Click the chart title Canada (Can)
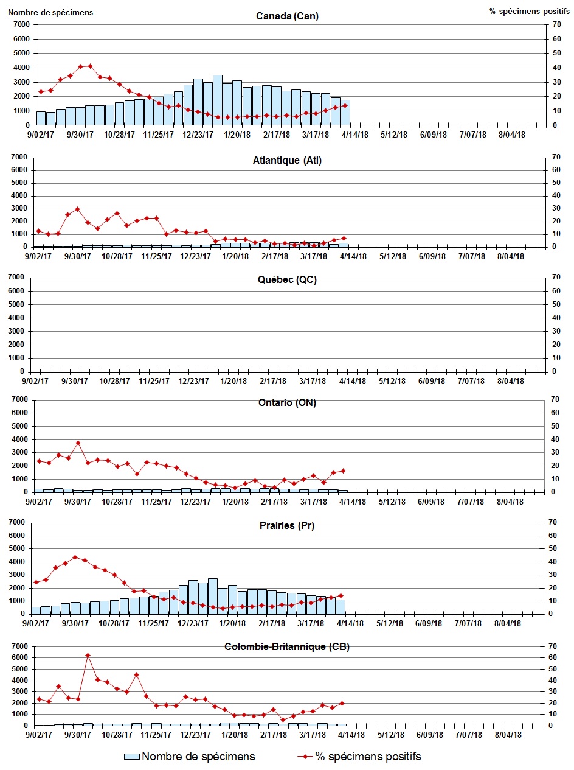pyautogui.click(x=287, y=16)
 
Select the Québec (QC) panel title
pyautogui.click(x=287, y=280)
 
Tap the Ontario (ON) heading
pyautogui.click(x=287, y=403)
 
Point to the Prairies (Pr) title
pyautogui.click(x=287, y=526)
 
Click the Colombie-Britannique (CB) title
pyautogui.click(x=287, y=647)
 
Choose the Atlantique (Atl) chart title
pyautogui.click(x=287, y=161)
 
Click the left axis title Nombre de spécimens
pyautogui.click(x=50, y=12)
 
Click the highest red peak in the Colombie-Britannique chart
pyautogui.click(x=88, y=656)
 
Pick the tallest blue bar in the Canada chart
pyautogui.click(x=217, y=99)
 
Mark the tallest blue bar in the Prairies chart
pyautogui.click(x=212, y=595)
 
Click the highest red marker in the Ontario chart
pyautogui.click(x=78, y=443)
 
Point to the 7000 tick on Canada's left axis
pyautogui.click(x=22, y=24)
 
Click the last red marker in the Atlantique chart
pyautogui.click(x=344, y=238)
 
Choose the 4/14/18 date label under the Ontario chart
pyautogui.click(x=352, y=502)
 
